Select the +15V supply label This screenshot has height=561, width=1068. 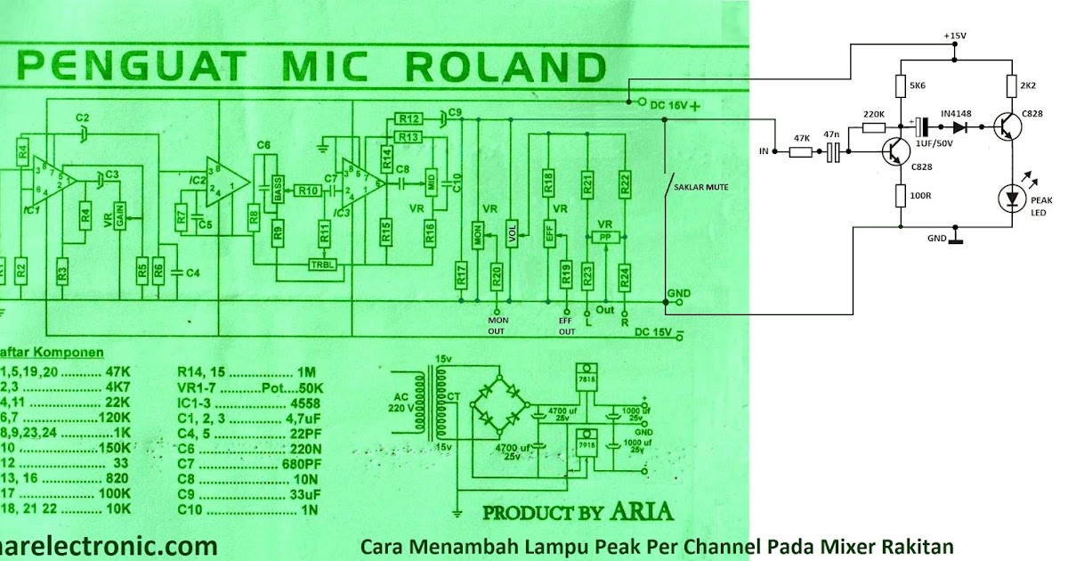pos(954,36)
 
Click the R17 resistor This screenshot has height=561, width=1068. pos(461,276)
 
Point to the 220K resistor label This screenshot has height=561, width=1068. pos(874,115)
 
